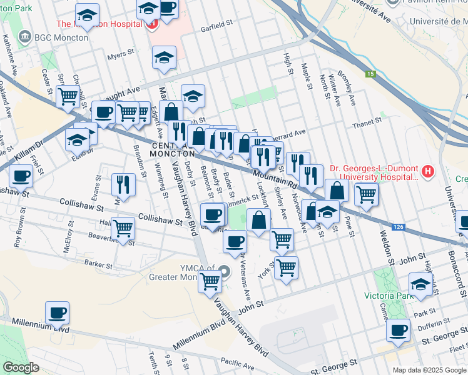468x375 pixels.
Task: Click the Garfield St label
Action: coord(216,29)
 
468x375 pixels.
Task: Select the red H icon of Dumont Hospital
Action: coord(428,171)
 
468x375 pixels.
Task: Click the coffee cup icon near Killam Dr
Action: coord(21,176)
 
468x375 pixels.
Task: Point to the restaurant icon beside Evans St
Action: coord(123,184)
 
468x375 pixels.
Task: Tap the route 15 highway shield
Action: coord(370,74)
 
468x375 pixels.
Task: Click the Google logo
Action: coord(21,367)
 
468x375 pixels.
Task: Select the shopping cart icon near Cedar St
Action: coord(68,96)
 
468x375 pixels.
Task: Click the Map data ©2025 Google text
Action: coord(429,369)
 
